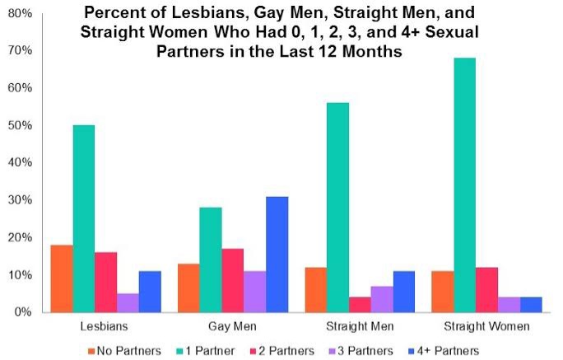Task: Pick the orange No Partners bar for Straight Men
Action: click(315, 289)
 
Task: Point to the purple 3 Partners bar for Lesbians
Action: click(128, 302)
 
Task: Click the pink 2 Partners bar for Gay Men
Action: click(233, 280)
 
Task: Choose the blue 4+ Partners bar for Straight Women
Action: click(531, 304)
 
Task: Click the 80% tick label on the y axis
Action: click(20, 14)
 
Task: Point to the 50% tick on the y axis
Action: click(20, 126)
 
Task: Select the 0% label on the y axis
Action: click(23, 312)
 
